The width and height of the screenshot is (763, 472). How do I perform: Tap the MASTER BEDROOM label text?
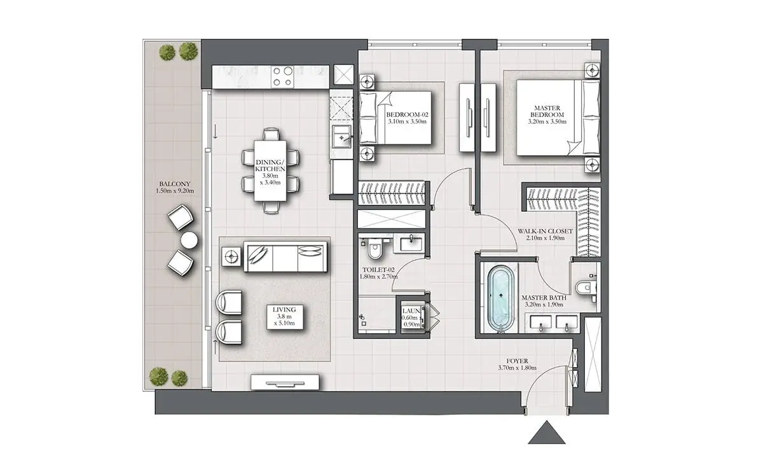pyautogui.click(x=547, y=111)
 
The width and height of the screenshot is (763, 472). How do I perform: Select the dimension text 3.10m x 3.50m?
pyautogui.click(x=407, y=121)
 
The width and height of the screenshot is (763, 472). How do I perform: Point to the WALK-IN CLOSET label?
pyautogui.click(x=545, y=231)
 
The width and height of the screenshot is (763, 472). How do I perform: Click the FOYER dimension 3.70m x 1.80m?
pyautogui.click(x=517, y=368)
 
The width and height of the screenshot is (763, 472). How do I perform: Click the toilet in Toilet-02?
pyautogui.click(x=375, y=249)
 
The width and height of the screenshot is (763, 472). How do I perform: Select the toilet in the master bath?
pyautogui.click(x=586, y=288)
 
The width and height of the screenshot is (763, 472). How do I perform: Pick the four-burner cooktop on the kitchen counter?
pyautogui.click(x=283, y=76)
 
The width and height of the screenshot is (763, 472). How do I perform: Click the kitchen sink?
pyautogui.click(x=341, y=136)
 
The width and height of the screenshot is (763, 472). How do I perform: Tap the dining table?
pyautogui.click(x=270, y=170)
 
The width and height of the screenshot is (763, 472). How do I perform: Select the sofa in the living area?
pyautogui.click(x=285, y=256)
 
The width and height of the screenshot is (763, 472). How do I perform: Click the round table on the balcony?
pyautogui.click(x=189, y=240)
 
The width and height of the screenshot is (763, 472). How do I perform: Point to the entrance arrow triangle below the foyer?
pyautogui.click(x=546, y=432)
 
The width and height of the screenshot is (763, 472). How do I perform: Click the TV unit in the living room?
pyautogui.click(x=285, y=382)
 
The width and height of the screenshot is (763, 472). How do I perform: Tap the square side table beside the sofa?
pyautogui.click(x=231, y=256)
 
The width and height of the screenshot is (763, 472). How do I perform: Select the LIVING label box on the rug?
pyautogui.click(x=284, y=317)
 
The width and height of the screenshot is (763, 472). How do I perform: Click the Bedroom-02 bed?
pyautogui.click(x=395, y=118)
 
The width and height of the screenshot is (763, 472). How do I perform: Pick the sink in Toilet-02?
pyautogui.click(x=411, y=244)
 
